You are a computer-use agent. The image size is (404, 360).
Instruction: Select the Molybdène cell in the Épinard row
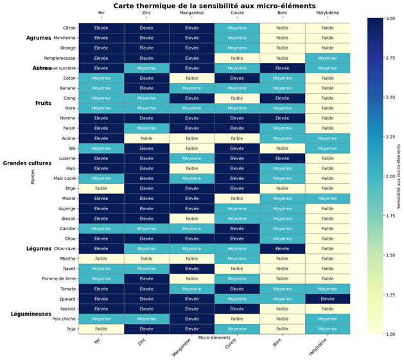328,299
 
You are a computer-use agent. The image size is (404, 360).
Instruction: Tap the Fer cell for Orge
101,188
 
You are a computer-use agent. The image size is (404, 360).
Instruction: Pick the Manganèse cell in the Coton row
192,78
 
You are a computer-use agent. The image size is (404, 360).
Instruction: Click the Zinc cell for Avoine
146,138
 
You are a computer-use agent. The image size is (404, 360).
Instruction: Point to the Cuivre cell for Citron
237,28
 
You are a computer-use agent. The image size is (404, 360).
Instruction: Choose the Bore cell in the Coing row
283,98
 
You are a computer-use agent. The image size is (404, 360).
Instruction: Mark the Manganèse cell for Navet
192,269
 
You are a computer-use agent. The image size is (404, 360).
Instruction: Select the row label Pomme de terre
60,278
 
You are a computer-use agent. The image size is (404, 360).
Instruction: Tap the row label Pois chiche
62,319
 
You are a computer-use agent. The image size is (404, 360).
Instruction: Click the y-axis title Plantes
32,177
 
